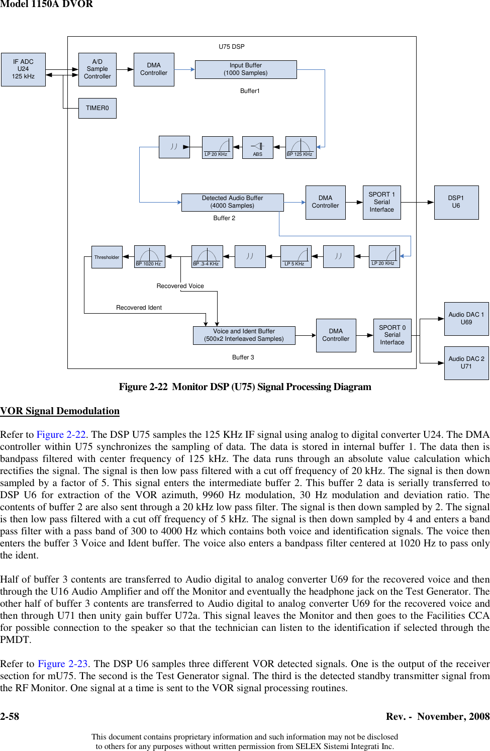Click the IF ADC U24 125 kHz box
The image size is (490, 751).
coord(23,69)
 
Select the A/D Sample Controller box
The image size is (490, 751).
coord(97,69)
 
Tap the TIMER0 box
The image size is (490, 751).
coord(97,108)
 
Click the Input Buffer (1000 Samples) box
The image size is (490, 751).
coord(246,69)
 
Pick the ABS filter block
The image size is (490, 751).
coord(257,147)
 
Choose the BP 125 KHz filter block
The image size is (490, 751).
coord(301,147)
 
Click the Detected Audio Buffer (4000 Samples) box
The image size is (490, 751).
coord(232,202)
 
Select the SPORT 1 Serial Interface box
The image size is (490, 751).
coord(382,202)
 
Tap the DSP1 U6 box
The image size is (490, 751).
coord(456,202)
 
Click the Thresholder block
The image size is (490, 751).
coord(107,257)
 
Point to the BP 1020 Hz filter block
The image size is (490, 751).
coord(149,256)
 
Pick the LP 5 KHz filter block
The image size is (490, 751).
coord(296,256)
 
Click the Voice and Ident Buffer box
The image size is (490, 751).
coord(244,335)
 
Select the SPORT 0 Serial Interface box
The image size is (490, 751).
coord(392,335)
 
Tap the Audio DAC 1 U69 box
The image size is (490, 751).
coord(466,319)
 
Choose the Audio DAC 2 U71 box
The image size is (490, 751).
coord(466,363)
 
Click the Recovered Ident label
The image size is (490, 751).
coord(139,308)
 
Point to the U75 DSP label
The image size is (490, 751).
coord(232,47)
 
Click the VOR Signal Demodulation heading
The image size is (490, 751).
coord(60,411)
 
